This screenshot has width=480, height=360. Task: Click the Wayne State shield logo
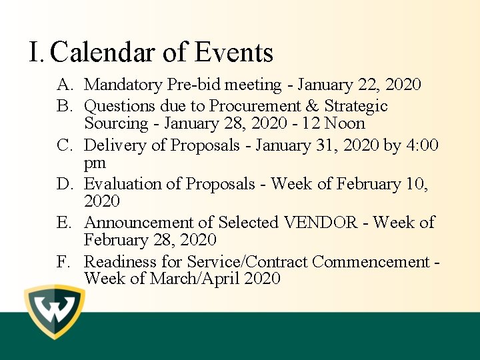tap(55, 311)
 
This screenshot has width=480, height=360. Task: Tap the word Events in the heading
tap(234, 53)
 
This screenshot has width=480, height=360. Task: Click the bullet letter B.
tap(64, 107)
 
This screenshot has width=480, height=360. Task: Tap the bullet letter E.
tap(64, 223)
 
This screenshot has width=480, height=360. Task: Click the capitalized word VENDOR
tap(321, 223)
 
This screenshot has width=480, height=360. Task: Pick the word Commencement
tap(371, 262)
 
